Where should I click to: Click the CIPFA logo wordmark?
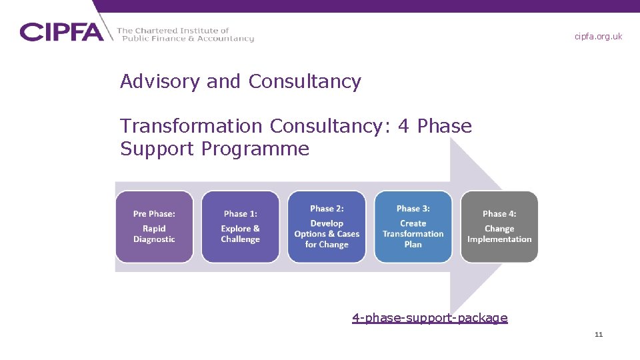pyautogui.click(x=61, y=32)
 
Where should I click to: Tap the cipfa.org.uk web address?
pyautogui.click(x=598, y=37)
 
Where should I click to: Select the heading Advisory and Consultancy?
pyautogui.click(x=240, y=81)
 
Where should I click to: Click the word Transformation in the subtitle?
pyautogui.click(x=191, y=126)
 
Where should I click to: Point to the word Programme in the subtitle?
pyautogui.click(x=255, y=149)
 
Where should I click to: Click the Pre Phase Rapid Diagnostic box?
pyautogui.click(x=154, y=227)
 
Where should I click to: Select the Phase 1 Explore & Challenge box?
pyautogui.click(x=240, y=227)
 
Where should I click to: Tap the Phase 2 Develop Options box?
pyautogui.click(x=327, y=227)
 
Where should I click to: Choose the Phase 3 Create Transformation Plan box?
pyautogui.click(x=413, y=227)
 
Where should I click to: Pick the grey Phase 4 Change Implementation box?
pyautogui.click(x=499, y=227)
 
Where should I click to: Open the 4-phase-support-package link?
pyautogui.click(x=430, y=318)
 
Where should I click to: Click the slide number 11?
pyautogui.click(x=598, y=335)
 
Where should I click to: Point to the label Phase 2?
pyautogui.click(x=327, y=209)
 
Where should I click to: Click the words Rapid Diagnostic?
pyautogui.click(x=154, y=234)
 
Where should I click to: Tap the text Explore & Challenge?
pyautogui.click(x=240, y=234)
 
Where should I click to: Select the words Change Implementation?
pyautogui.click(x=499, y=234)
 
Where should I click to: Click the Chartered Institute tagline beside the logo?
pyautogui.click(x=185, y=35)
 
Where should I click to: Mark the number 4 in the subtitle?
pyautogui.click(x=403, y=126)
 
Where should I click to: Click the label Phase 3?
pyautogui.click(x=413, y=209)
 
